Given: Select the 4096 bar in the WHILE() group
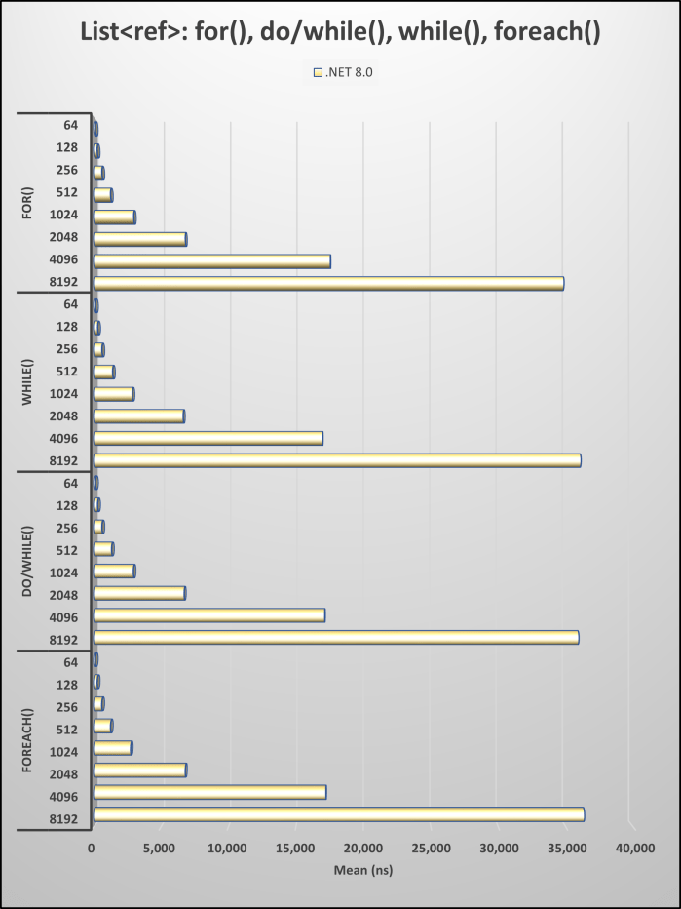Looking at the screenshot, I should click(x=208, y=438).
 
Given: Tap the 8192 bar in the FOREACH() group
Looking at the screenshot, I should click(x=338, y=814).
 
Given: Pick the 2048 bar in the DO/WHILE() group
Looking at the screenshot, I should click(x=139, y=593).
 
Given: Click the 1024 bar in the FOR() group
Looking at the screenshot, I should click(x=114, y=217).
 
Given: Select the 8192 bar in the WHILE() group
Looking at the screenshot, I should click(x=337, y=460).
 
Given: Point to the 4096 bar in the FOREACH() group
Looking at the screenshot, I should click(x=209, y=792).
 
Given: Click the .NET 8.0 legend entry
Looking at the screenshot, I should click(x=342, y=72).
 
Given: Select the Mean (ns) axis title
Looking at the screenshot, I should click(x=363, y=870).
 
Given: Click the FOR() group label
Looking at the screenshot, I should click(x=28, y=202).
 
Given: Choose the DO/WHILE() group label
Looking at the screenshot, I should click(x=28, y=560).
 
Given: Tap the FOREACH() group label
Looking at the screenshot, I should click(x=28, y=737).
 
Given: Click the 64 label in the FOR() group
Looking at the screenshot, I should click(x=70, y=126).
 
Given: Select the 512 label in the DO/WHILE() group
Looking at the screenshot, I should click(x=67, y=550).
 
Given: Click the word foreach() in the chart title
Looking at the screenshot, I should click(x=543, y=32).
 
